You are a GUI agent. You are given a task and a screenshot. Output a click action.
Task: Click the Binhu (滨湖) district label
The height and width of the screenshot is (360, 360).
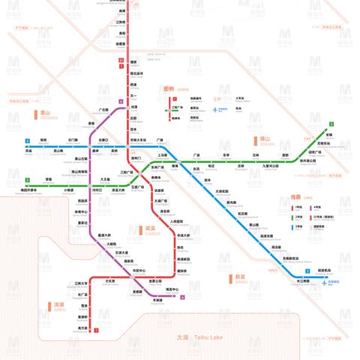click(x=59, y=305)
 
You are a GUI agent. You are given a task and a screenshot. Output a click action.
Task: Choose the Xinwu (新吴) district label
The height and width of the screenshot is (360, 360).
click(x=240, y=277)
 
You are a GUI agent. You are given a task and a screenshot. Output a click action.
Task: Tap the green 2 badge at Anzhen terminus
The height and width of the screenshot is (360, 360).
click(x=329, y=124)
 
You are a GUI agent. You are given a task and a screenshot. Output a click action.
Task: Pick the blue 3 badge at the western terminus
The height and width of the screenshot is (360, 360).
click(x=27, y=140)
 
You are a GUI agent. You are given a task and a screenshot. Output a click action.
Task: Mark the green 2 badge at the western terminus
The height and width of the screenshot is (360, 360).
click(x=27, y=180)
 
